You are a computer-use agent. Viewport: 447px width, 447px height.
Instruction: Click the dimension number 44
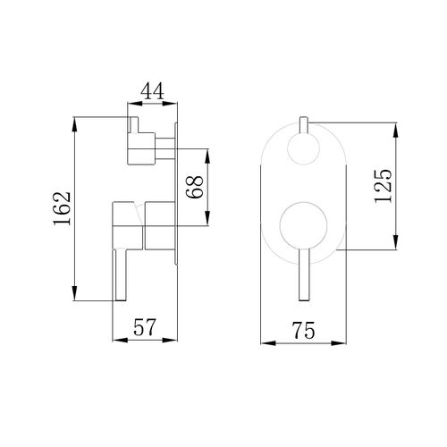[x=152, y=91]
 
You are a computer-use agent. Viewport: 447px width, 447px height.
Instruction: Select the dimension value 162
[x=62, y=208]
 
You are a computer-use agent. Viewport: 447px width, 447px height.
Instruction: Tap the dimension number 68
[x=194, y=187]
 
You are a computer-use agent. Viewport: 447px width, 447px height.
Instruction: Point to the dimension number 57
[x=145, y=327]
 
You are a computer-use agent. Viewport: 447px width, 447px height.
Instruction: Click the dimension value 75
[x=303, y=331]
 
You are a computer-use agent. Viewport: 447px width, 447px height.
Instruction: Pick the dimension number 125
[x=383, y=186]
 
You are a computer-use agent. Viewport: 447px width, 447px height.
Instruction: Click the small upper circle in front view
[x=303, y=149]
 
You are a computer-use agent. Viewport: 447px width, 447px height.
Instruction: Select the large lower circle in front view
[x=303, y=225]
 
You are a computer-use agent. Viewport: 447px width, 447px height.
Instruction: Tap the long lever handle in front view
[x=304, y=274]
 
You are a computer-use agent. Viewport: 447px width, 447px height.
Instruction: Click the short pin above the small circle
[x=304, y=125]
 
